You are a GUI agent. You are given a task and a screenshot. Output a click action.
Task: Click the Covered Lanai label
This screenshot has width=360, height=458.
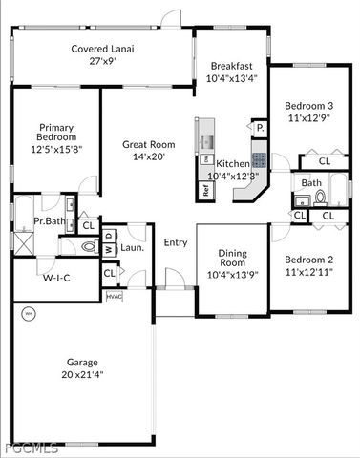click(100, 49)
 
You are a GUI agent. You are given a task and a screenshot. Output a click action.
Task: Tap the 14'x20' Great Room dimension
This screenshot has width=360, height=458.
click(147, 156)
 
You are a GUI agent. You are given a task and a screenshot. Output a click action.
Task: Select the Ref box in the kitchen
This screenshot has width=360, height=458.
click(206, 188)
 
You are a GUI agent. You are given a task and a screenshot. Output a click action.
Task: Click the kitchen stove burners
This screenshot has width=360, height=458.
click(258, 159)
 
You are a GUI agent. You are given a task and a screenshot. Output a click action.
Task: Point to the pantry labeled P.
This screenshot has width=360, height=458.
click(258, 127)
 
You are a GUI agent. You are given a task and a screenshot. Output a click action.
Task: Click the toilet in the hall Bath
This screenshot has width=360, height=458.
click(320, 198)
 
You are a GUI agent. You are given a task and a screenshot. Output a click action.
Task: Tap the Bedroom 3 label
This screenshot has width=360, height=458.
click(308, 106)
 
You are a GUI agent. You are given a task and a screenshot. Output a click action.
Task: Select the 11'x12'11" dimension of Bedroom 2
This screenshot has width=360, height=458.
click(308, 272)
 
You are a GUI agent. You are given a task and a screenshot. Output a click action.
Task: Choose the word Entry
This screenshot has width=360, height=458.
click(176, 242)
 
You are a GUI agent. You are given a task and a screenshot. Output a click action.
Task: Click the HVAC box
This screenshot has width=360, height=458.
click(114, 297)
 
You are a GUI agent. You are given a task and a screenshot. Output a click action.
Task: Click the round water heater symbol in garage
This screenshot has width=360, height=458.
click(27, 313)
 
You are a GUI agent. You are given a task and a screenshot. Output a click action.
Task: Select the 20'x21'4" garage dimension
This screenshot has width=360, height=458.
click(83, 374)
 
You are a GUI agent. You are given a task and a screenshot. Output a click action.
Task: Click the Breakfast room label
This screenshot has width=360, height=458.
click(230, 65)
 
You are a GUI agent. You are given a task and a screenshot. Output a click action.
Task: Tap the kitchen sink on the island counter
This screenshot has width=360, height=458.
click(205, 143)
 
